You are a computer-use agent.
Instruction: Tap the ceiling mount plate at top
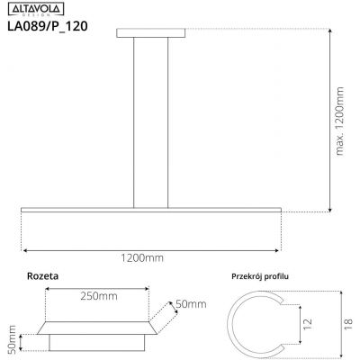tap(149, 33)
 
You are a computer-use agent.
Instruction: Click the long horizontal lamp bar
tap(149, 211)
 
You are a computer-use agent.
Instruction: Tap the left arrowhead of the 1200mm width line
tap(23, 248)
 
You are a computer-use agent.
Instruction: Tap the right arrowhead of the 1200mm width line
tap(278, 248)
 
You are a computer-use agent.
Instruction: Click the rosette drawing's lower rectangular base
tap(96, 343)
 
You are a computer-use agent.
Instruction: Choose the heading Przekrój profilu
tap(267, 278)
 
